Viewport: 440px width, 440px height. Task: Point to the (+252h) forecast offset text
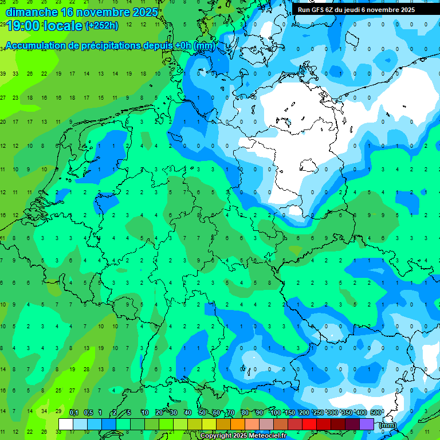click(102, 26)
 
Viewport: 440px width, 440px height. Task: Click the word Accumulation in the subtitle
click(37, 46)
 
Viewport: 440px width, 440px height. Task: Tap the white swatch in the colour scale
click(66, 425)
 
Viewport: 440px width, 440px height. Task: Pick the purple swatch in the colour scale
click(367, 425)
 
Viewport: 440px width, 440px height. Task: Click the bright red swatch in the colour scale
click(309, 425)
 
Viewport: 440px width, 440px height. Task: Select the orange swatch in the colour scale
click(238, 425)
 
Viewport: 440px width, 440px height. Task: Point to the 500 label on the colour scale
click(376, 413)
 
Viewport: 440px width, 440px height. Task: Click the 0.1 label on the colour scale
click(74, 413)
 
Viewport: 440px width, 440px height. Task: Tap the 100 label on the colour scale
click(276, 413)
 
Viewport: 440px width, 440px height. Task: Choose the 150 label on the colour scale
click(290, 413)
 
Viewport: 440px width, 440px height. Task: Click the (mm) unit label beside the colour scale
click(388, 425)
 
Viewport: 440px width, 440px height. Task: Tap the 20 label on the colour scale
click(159, 413)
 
